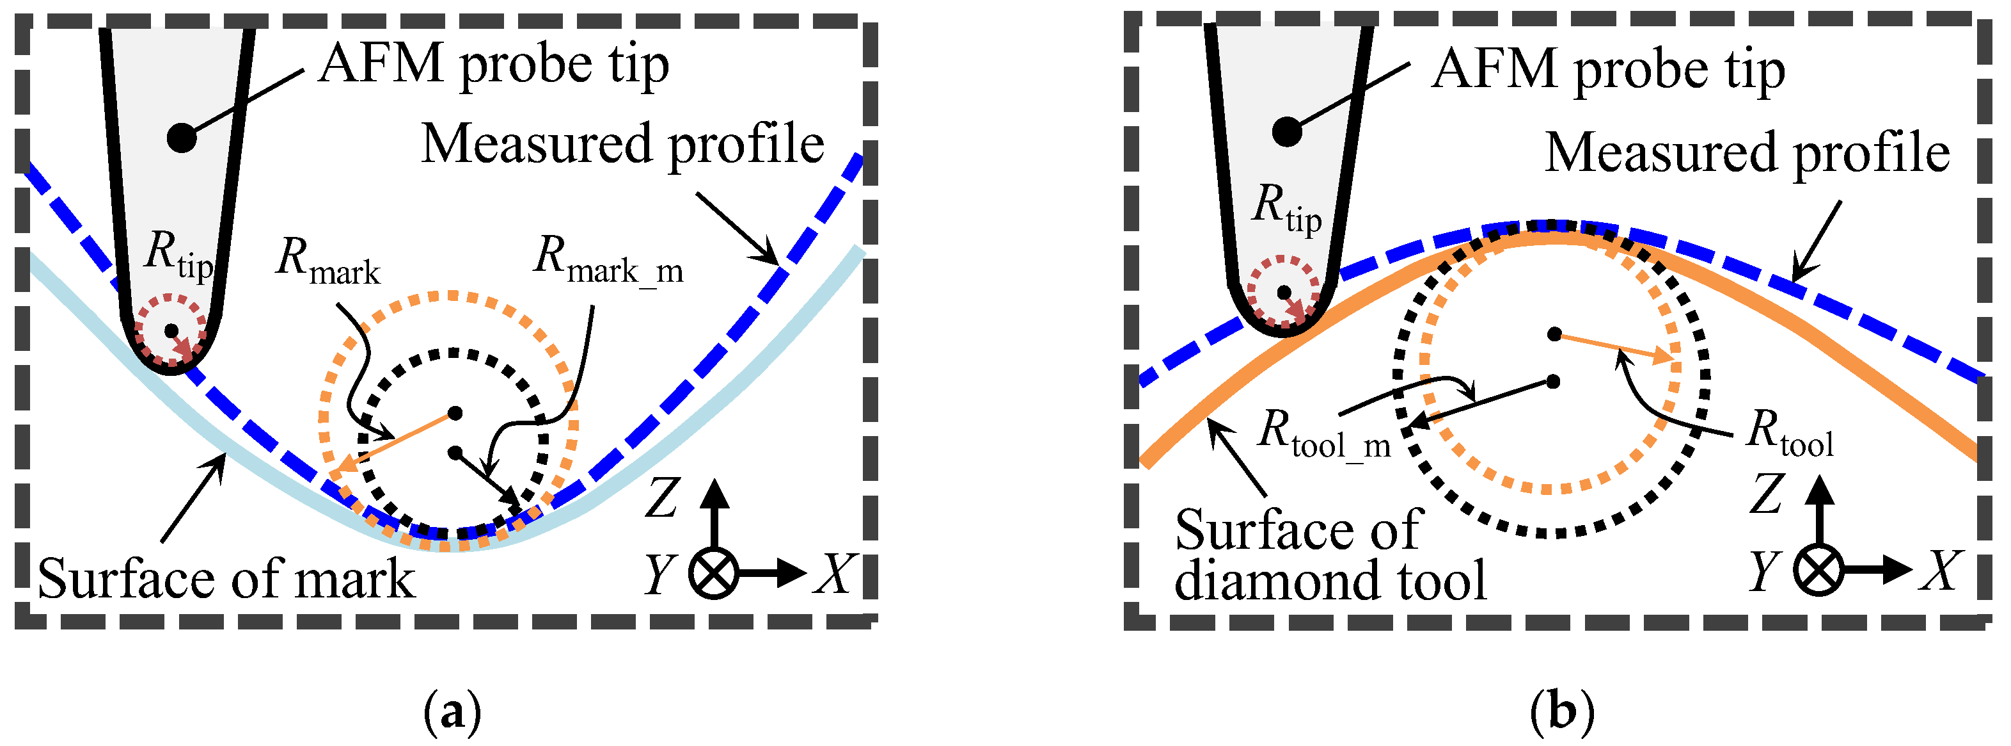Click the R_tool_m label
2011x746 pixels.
tap(1324, 434)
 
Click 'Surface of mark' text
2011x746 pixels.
tap(226, 580)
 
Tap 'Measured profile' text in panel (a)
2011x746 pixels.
tap(622, 145)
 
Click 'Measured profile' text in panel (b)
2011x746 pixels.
tap(1747, 152)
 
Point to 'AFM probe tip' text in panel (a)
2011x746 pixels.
tap(493, 64)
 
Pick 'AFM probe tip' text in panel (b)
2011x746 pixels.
tap(1608, 70)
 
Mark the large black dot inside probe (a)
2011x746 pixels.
tap(182, 138)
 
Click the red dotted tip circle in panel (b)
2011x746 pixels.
tap(1284, 291)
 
